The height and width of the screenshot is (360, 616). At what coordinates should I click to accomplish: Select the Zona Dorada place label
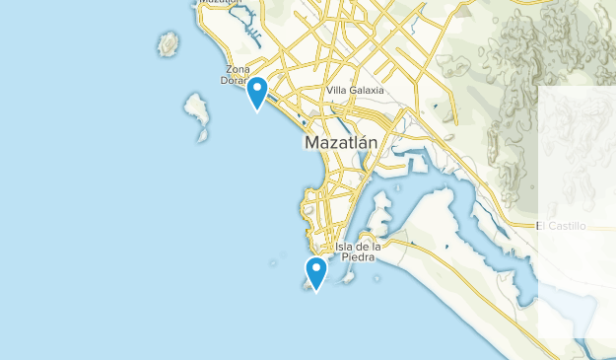click(238, 74)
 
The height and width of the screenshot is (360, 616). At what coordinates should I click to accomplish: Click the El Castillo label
click(561, 226)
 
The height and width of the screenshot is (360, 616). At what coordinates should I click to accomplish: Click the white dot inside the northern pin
click(257, 89)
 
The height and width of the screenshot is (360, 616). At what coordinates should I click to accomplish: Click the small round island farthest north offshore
click(169, 43)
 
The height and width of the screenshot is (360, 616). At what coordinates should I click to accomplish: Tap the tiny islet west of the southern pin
click(277, 262)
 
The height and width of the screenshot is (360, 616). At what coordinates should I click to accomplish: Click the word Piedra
click(358, 257)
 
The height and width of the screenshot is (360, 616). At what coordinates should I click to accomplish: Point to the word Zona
click(238, 68)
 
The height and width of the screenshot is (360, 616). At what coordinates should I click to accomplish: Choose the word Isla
click(345, 246)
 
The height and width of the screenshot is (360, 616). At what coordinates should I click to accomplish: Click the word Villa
click(337, 91)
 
